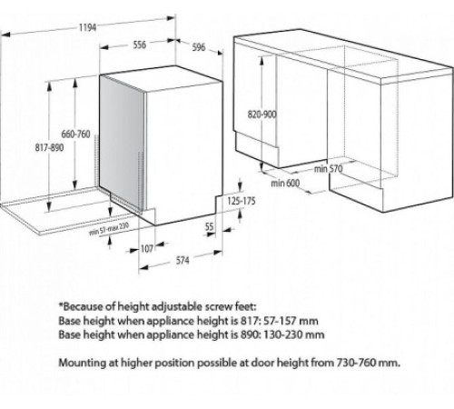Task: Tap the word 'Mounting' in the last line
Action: click(85, 363)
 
